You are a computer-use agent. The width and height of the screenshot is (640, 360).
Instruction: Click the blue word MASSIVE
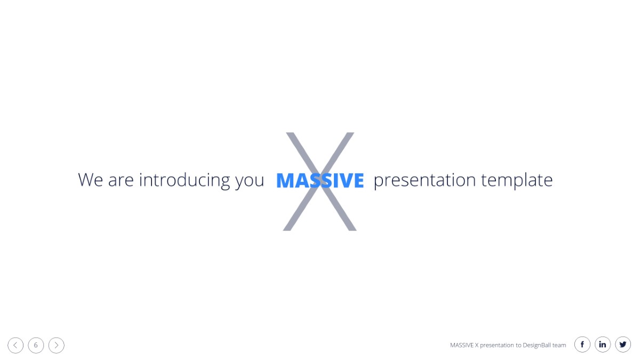(x=320, y=180)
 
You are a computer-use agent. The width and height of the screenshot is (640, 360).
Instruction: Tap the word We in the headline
(x=90, y=180)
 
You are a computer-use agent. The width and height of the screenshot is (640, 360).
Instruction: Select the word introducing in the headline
(x=185, y=181)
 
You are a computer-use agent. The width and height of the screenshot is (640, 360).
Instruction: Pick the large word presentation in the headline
(x=425, y=181)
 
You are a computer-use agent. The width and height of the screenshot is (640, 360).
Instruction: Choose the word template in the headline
(x=517, y=181)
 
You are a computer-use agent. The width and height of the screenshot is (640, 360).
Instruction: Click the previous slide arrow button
(x=15, y=345)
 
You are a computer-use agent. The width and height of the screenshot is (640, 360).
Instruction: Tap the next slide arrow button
(x=57, y=345)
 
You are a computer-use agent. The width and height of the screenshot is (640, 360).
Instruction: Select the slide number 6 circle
(x=36, y=345)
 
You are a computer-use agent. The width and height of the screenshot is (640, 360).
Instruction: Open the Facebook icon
(x=582, y=345)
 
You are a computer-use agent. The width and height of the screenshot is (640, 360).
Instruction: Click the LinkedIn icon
(x=603, y=345)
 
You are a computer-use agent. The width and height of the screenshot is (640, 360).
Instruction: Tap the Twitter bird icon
(x=623, y=345)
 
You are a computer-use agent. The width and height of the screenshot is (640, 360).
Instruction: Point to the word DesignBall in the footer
(x=537, y=346)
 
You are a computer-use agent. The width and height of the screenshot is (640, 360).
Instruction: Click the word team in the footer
(x=559, y=346)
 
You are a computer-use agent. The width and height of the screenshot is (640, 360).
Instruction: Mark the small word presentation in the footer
(x=497, y=346)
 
